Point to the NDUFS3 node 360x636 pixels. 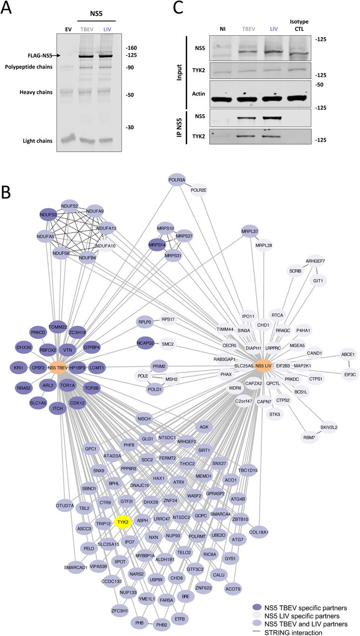[52, 215]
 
